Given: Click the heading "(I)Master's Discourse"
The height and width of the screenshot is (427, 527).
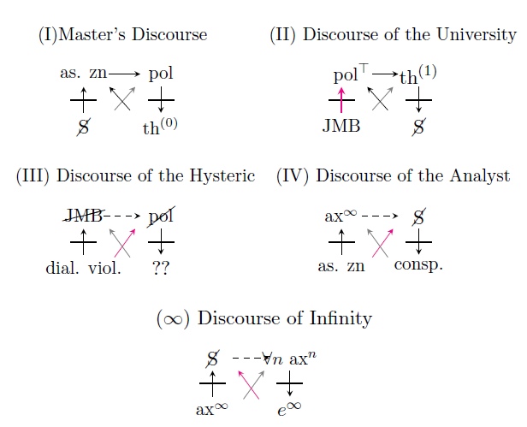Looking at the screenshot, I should (x=123, y=36).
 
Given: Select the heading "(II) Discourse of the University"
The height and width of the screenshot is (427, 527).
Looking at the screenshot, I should (x=393, y=36).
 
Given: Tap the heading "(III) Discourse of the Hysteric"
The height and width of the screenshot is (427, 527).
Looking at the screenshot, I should (x=136, y=176).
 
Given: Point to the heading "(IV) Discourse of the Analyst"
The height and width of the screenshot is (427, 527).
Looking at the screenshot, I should (x=393, y=176).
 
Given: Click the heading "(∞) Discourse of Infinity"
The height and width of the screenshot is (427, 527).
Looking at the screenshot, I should (x=263, y=318).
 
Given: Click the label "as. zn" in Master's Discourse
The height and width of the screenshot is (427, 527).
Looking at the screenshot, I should (x=82, y=74).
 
